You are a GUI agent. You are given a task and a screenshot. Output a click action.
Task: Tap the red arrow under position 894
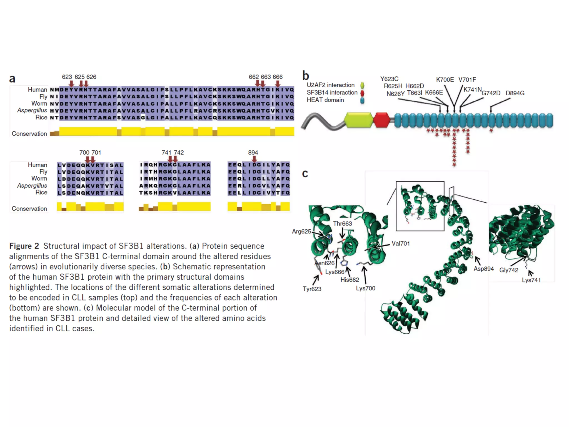[x=254, y=159]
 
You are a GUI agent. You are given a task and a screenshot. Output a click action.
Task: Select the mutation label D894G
[x=515, y=93]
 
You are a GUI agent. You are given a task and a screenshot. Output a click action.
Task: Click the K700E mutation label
[x=445, y=80]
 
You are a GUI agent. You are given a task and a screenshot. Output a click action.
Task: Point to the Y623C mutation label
[x=389, y=79]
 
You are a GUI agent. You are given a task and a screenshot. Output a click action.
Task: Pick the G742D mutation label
[x=491, y=93]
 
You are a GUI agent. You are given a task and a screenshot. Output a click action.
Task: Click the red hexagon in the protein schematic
[x=382, y=120]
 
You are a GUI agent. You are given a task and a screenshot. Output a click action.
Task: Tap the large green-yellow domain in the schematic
[x=358, y=120]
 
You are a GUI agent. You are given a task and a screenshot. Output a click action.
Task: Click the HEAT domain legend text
[x=325, y=100]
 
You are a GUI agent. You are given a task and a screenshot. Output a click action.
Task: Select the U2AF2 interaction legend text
[x=331, y=85]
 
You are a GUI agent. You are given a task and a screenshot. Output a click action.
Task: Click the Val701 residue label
[x=401, y=244]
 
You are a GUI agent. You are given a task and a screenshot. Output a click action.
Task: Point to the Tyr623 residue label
[x=312, y=289]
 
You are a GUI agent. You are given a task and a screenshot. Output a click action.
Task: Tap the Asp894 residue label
[x=483, y=269]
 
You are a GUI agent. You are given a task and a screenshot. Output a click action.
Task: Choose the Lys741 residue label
[x=531, y=280]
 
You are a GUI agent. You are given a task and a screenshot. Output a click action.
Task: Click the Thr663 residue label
[x=342, y=224]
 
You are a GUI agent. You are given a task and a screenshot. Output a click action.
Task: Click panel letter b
[x=306, y=76]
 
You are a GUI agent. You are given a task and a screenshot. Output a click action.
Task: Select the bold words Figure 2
[x=24, y=246]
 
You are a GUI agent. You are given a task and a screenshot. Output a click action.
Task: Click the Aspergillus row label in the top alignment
[x=32, y=110]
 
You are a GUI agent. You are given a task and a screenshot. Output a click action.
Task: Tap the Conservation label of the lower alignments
[x=29, y=209]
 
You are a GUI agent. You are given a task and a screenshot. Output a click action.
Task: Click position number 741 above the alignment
[x=166, y=153]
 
